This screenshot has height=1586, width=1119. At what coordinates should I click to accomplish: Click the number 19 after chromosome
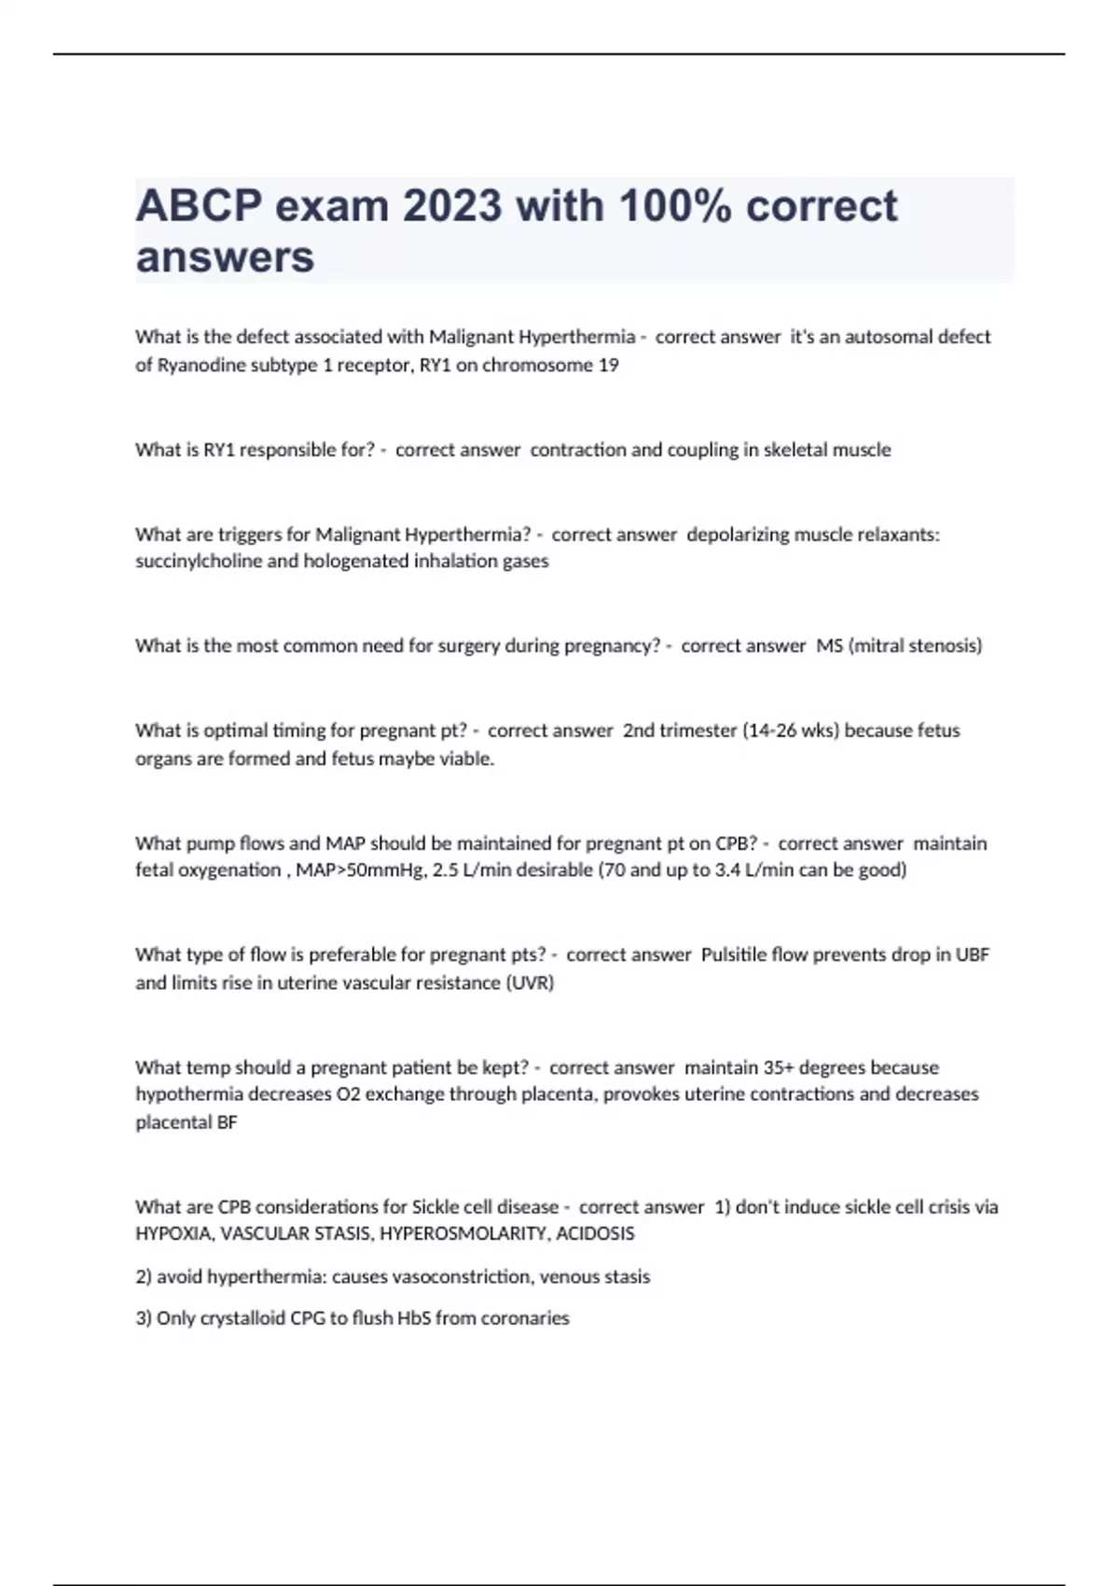pos(608,365)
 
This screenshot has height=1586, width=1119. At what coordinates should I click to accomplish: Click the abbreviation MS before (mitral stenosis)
pos(829,646)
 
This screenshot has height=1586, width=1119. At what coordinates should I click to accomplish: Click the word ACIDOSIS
pos(595,1233)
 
